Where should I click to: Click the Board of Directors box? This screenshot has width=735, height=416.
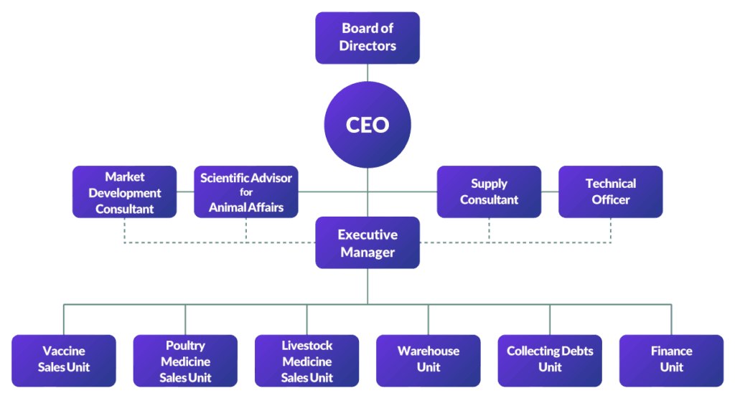pyautogui.click(x=367, y=37)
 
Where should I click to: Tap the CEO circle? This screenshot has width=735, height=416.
pyautogui.click(x=367, y=125)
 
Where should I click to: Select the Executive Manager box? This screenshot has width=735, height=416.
pyautogui.click(x=367, y=243)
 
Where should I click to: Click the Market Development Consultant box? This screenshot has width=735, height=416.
pyautogui.click(x=124, y=192)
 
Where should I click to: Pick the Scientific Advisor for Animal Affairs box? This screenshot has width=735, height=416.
pyautogui.click(x=246, y=192)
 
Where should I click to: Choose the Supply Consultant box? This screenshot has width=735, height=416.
pyautogui.click(x=489, y=192)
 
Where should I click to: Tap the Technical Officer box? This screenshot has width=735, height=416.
pyautogui.click(x=611, y=192)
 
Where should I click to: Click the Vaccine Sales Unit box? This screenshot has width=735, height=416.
pyautogui.click(x=64, y=360)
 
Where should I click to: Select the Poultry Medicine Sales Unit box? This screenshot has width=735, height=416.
pyautogui.click(x=185, y=360)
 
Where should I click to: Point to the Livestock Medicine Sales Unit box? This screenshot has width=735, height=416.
pyautogui.click(x=306, y=360)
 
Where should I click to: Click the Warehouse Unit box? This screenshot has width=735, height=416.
pyautogui.click(x=429, y=360)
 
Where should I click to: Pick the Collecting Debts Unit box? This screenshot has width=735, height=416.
pyautogui.click(x=550, y=360)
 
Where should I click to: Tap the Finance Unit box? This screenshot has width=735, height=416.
pyautogui.click(x=671, y=360)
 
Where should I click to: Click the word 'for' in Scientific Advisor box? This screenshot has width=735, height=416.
pyautogui.click(x=246, y=192)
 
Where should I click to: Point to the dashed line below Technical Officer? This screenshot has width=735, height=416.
pyautogui.click(x=611, y=230)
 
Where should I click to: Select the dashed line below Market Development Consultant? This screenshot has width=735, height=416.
pyautogui.click(x=124, y=230)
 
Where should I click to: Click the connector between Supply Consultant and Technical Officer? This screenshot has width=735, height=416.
pyautogui.click(x=550, y=192)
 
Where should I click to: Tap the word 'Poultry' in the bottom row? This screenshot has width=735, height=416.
pyautogui.click(x=185, y=346)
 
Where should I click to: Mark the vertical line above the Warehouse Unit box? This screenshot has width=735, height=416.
pyautogui.click(x=429, y=319)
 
